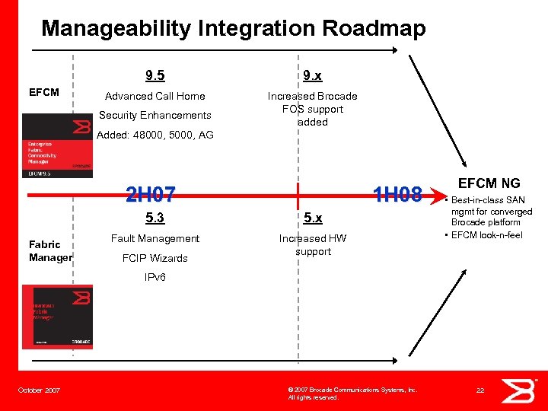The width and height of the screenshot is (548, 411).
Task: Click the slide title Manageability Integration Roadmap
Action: [233, 29]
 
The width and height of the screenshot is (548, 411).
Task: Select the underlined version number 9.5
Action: [155, 75]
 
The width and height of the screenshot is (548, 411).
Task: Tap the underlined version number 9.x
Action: [312, 75]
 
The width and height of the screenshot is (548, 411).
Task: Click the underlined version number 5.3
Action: [155, 218]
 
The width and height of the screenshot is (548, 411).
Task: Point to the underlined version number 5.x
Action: [312, 218]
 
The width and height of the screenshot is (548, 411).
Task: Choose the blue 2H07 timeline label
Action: [151, 196]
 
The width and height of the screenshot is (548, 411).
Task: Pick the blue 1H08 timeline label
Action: [397, 196]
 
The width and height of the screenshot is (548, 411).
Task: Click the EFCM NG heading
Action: [489, 183]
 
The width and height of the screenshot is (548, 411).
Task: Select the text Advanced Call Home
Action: [155, 96]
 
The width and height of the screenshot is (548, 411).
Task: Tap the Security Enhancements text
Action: [155, 115]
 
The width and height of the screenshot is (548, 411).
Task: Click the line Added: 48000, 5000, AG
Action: [155, 135]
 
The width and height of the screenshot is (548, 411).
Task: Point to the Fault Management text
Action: [155, 238]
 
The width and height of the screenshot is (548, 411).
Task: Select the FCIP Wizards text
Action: [155, 257]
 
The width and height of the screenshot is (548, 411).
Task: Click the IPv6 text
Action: [155, 277]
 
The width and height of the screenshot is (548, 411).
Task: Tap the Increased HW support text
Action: [313, 244]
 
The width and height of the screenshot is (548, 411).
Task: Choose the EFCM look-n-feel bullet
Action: [487, 235]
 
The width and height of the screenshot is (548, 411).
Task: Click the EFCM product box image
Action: [57, 145]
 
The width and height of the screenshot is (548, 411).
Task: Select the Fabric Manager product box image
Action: [57, 317]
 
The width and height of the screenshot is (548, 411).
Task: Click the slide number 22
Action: [480, 390]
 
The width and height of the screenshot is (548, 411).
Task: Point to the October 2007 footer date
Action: [39, 390]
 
